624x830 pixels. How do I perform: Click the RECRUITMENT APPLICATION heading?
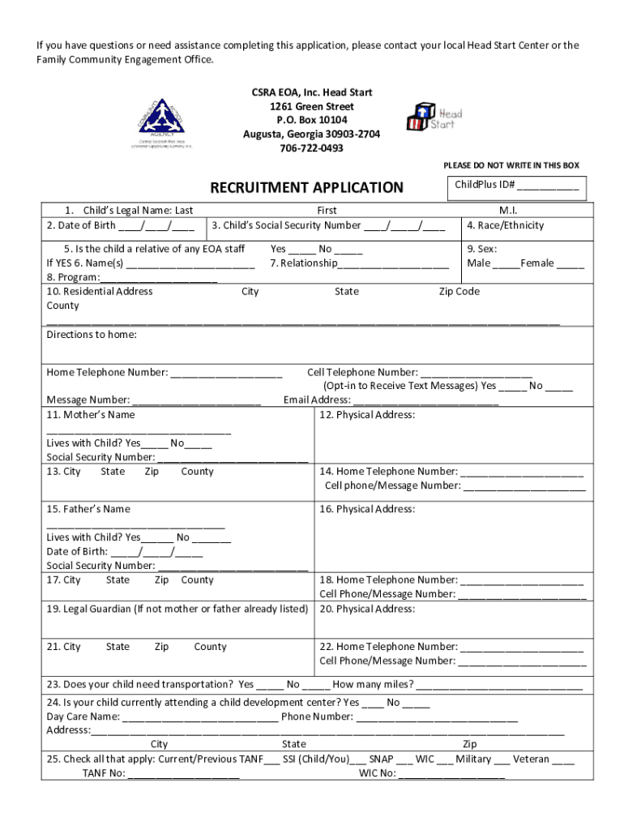tap(306, 188)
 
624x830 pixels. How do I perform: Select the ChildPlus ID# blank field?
tap(549, 186)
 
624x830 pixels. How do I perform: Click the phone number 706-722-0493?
tap(311, 148)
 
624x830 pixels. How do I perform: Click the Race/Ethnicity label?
tap(506, 225)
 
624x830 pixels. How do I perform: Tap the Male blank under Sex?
tap(506, 264)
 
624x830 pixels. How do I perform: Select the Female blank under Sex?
tap(570, 264)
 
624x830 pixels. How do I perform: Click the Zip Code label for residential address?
tap(459, 292)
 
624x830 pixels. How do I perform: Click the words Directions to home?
tap(92, 335)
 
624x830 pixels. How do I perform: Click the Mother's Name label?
tap(91, 415)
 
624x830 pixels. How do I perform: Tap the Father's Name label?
tap(88, 509)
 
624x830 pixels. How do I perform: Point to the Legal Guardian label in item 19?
tap(177, 609)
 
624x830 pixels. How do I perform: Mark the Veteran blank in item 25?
tap(565, 761)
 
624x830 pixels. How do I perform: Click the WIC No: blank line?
tap(451, 775)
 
